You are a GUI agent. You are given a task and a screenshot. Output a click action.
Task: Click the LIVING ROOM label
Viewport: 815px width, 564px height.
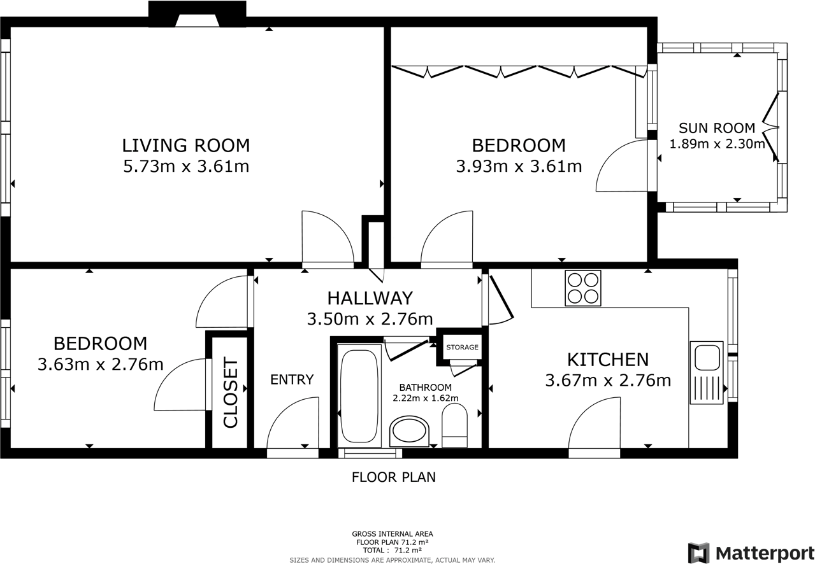tap(185, 145)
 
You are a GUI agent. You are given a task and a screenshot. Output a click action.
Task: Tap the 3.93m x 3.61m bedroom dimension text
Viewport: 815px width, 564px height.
tap(519, 167)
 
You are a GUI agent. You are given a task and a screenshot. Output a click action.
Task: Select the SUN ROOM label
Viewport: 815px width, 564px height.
tap(717, 128)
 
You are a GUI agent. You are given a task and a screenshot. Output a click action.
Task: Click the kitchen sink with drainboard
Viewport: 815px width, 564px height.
tap(706, 372)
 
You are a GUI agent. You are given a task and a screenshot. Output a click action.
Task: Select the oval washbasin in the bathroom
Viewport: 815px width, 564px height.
tap(409, 432)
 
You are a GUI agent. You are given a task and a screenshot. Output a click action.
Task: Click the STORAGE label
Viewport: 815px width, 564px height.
tap(462, 348)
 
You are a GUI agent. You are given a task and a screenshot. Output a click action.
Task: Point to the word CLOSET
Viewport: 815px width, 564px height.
tap(230, 394)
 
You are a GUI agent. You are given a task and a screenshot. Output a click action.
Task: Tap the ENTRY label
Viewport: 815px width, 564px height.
tap(292, 380)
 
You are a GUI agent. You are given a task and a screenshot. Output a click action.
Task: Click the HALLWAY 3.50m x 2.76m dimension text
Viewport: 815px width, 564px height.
tap(370, 319)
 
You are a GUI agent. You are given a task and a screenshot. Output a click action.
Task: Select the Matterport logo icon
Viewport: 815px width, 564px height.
tap(698, 553)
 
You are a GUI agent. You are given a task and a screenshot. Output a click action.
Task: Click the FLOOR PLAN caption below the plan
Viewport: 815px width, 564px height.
tap(394, 477)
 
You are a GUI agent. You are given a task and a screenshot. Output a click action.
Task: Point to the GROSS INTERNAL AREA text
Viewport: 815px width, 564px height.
tap(393, 534)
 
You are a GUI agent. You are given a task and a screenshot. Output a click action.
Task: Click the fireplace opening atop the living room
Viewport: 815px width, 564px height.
tap(197, 21)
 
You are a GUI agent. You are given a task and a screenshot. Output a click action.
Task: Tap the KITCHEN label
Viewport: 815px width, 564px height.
tap(608, 360)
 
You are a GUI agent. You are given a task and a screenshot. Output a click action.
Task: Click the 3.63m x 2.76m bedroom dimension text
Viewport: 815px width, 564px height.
tap(101, 365)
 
